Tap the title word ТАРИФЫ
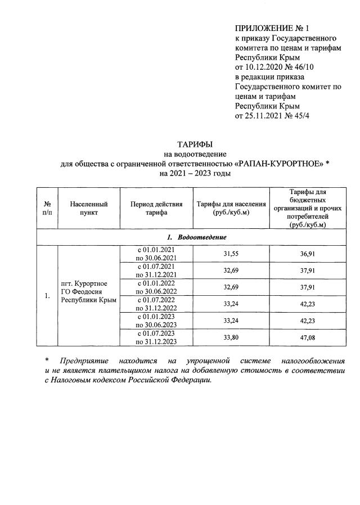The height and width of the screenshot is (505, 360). pos(195,145)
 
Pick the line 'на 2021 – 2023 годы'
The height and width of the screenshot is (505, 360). pos(195,174)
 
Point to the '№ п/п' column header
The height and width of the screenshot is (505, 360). pos(47,209)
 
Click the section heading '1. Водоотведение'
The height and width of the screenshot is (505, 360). pos(195,237)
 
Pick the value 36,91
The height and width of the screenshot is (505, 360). pos(307,254)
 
